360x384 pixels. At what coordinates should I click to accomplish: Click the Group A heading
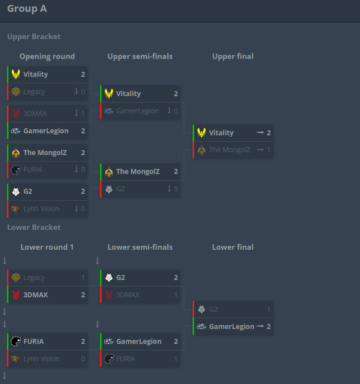27,9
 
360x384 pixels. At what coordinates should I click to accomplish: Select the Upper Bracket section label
34,37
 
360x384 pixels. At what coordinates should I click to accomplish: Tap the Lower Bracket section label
34,227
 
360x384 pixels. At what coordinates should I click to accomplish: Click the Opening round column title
47,56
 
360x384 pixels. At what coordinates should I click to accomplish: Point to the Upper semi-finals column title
140,56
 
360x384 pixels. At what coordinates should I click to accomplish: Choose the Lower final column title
233,247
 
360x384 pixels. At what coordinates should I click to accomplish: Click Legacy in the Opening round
34,92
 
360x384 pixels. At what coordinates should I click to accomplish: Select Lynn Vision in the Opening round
42,209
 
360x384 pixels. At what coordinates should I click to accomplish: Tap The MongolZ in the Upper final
230,150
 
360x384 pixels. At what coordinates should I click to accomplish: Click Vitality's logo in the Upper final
202,133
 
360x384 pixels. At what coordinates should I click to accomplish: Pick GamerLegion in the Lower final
232,327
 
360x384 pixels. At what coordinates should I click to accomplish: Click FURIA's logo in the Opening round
16,170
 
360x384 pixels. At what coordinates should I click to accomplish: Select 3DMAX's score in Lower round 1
83,295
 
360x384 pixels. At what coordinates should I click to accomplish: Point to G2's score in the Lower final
268,309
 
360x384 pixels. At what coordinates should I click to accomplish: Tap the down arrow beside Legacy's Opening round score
76,91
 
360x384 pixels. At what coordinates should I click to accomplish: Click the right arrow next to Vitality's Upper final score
260,132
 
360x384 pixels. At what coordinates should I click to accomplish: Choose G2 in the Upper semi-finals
120,189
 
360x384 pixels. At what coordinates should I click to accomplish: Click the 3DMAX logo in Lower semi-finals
109,295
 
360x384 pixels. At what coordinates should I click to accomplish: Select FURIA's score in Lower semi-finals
176,359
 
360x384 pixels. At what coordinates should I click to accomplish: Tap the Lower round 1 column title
47,247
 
